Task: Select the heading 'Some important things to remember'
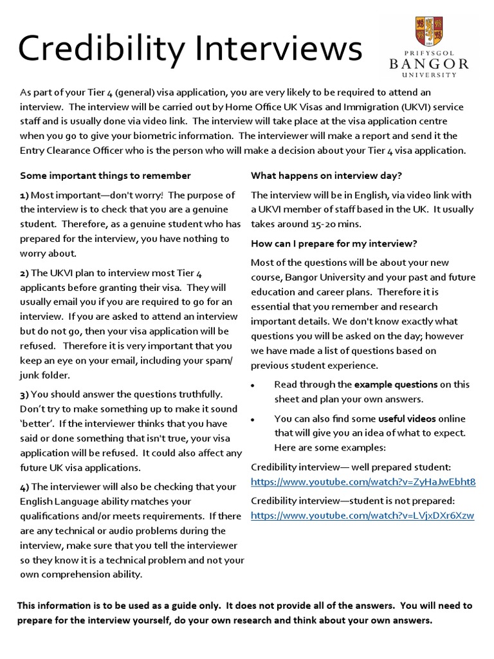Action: coord(105,176)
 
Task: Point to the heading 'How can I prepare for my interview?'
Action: coord(334,243)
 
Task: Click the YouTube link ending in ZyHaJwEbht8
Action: coord(363,482)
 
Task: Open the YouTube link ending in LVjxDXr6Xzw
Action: coord(362,515)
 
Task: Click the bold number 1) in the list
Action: coord(24,195)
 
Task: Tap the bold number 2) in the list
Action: coord(24,274)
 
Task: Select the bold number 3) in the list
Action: coord(24,394)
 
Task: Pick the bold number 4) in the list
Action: coord(24,487)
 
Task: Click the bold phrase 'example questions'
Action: coord(396,385)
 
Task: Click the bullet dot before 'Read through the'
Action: coord(253,385)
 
